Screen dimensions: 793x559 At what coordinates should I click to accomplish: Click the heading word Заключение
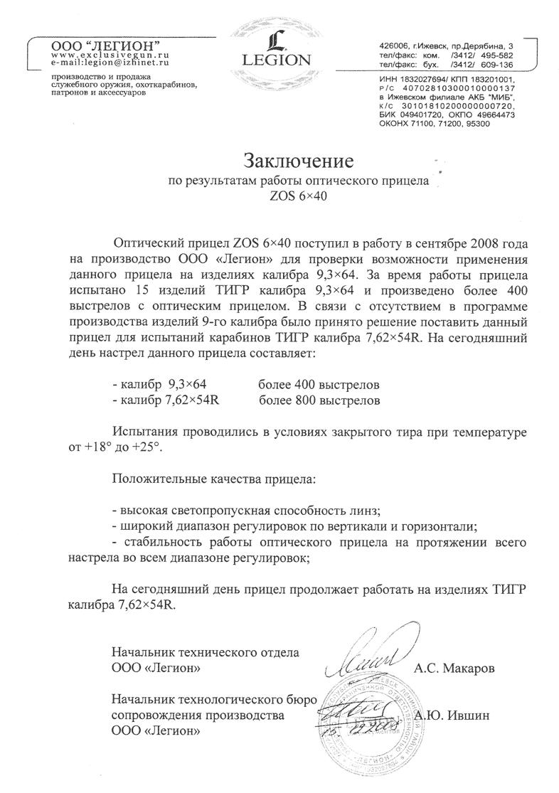tap(299, 157)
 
